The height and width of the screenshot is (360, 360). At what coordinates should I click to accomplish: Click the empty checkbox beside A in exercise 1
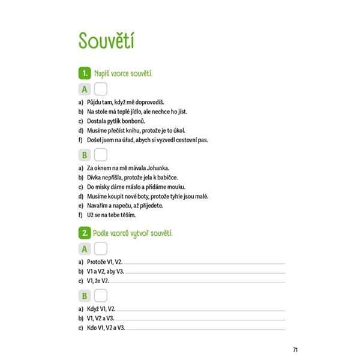coord(100,89)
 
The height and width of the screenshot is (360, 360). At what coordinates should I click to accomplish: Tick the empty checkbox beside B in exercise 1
coord(101,155)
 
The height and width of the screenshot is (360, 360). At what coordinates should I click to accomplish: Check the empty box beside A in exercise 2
coord(100,248)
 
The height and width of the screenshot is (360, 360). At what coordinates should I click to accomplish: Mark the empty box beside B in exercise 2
coord(101,295)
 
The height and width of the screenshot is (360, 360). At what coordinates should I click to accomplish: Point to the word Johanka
coord(158,169)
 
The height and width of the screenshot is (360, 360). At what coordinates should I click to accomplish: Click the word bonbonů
coord(132,121)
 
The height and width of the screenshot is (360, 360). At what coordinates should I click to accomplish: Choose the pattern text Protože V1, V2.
coord(104,262)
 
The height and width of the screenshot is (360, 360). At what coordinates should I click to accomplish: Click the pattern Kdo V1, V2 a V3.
coord(107,328)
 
